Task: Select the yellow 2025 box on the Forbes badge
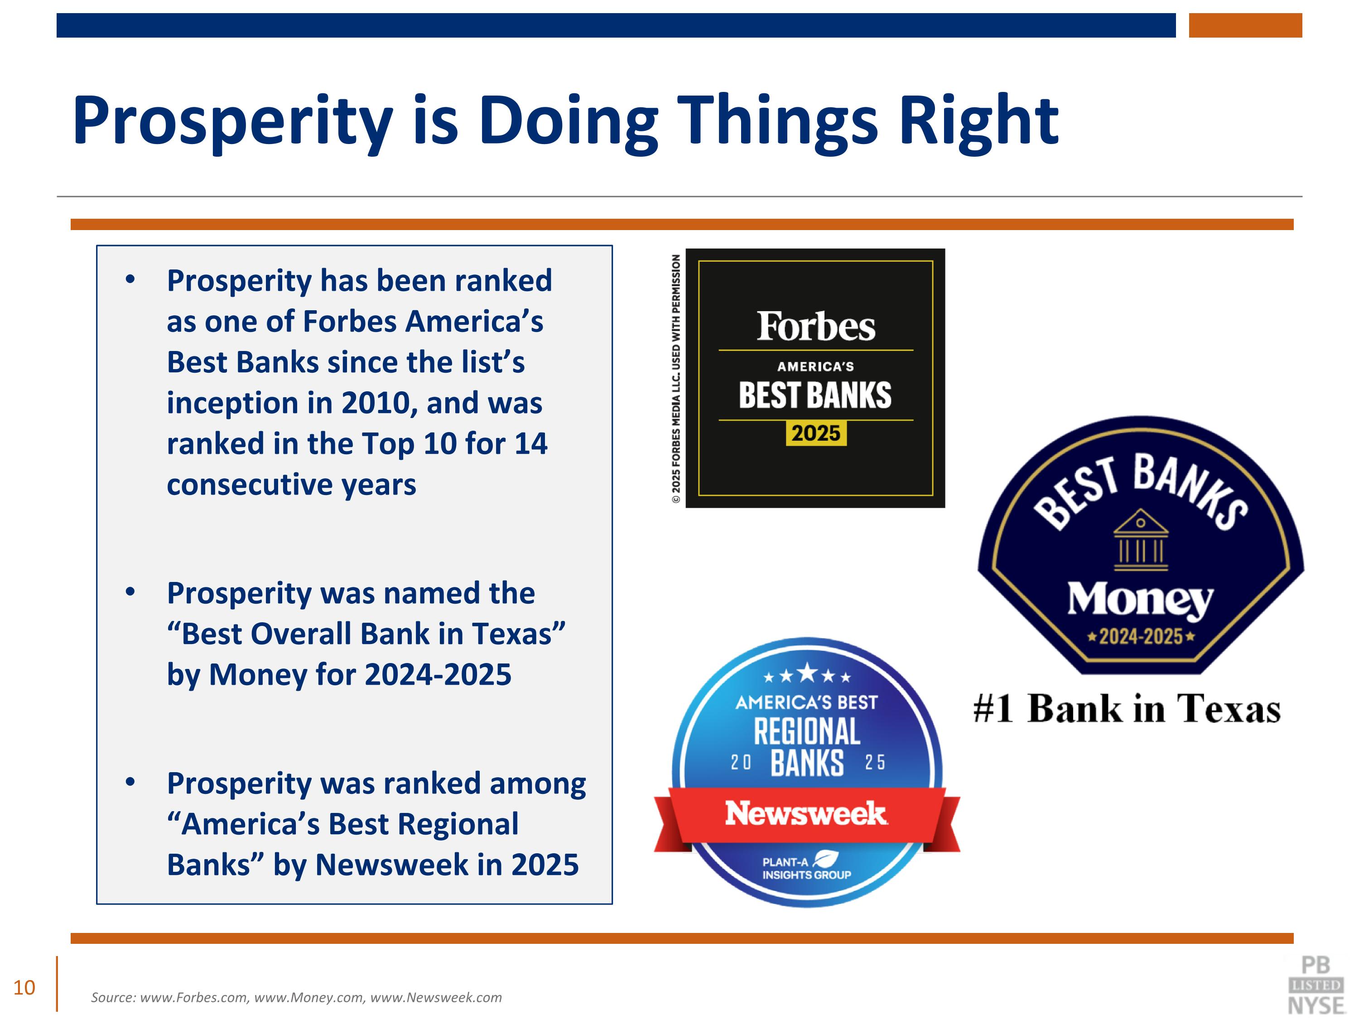pyautogui.click(x=815, y=433)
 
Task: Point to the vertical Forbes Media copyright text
pyautogui.click(x=676, y=379)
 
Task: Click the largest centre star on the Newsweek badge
pyautogui.click(x=807, y=673)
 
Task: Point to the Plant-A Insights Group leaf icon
pyautogui.click(x=825, y=859)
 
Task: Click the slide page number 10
pyautogui.click(x=24, y=988)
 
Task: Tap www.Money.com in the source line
pyautogui.click(x=309, y=998)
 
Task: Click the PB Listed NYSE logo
pyautogui.click(x=1316, y=985)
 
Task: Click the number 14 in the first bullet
pyautogui.click(x=531, y=443)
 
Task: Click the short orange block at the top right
pyautogui.click(x=1245, y=25)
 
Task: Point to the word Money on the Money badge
pyautogui.click(x=1140, y=600)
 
